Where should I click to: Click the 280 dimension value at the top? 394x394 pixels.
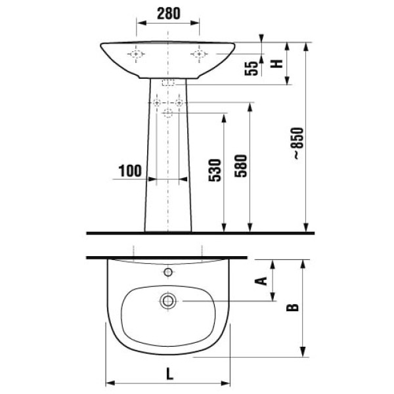coord(168,14)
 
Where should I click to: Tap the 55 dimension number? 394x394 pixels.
coord(252,68)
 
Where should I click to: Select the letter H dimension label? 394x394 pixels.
coord(276,64)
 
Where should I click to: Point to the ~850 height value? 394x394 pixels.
coord(298,143)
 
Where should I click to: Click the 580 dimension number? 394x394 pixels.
coord(241,166)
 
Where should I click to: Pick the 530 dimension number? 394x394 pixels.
coord(215,170)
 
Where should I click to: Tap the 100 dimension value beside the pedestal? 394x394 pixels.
coord(130,171)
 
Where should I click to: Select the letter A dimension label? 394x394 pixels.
coord(261,281)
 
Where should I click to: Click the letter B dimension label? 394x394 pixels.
coord(292,307)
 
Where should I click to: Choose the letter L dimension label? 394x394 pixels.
coord(170,374)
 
